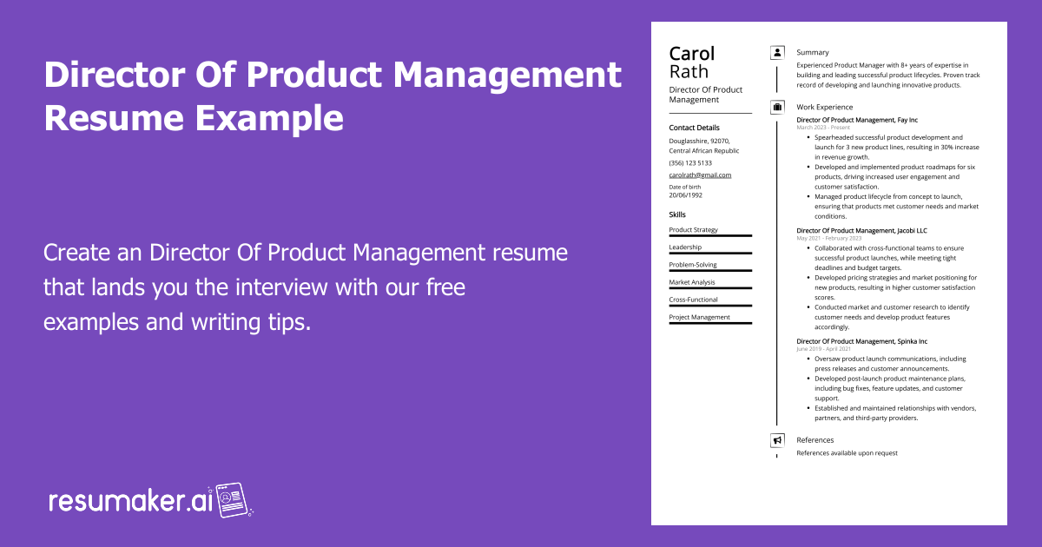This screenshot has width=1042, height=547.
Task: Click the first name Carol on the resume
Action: click(x=692, y=54)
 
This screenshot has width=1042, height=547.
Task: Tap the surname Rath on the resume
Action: click(x=689, y=72)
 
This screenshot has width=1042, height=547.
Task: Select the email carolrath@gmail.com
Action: click(x=700, y=175)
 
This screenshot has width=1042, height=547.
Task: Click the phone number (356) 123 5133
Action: click(x=690, y=162)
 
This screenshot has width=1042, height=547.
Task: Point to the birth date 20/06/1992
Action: click(x=685, y=195)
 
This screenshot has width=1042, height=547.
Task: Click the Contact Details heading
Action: click(x=694, y=128)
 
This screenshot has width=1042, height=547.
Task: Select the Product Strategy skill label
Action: click(x=693, y=229)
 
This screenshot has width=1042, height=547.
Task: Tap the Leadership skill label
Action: click(x=685, y=247)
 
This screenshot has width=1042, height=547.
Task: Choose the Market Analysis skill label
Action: click(x=692, y=282)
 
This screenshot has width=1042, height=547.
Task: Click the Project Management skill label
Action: click(x=699, y=317)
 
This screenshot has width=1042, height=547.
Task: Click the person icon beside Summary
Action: click(x=777, y=53)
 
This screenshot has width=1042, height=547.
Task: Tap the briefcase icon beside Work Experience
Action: click(x=777, y=108)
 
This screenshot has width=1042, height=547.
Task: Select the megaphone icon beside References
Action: click(x=777, y=440)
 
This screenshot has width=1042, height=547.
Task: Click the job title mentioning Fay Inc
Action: click(x=857, y=120)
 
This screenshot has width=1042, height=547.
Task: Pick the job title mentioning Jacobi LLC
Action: click(x=861, y=230)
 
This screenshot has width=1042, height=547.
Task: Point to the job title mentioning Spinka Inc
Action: click(x=861, y=341)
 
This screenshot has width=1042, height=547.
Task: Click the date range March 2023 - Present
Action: click(x=823, y=128)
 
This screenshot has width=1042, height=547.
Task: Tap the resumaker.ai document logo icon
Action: click(x=232, y=499)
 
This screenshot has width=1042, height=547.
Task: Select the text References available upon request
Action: click(x=847, y=453)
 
